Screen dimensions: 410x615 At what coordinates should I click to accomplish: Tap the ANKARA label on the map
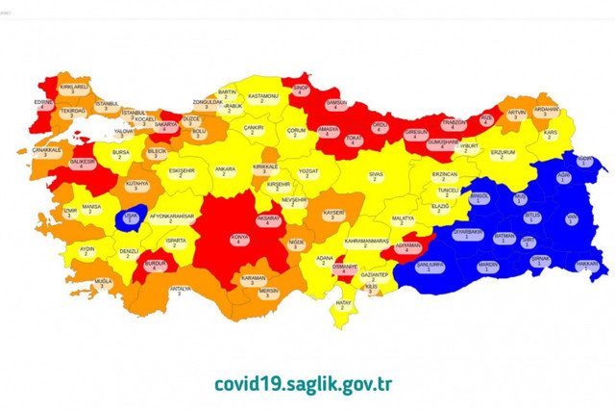226,172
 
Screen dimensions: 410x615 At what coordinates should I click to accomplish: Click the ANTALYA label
180,292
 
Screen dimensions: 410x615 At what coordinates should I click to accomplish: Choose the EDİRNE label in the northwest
42,103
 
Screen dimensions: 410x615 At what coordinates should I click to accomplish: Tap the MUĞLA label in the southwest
103,284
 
